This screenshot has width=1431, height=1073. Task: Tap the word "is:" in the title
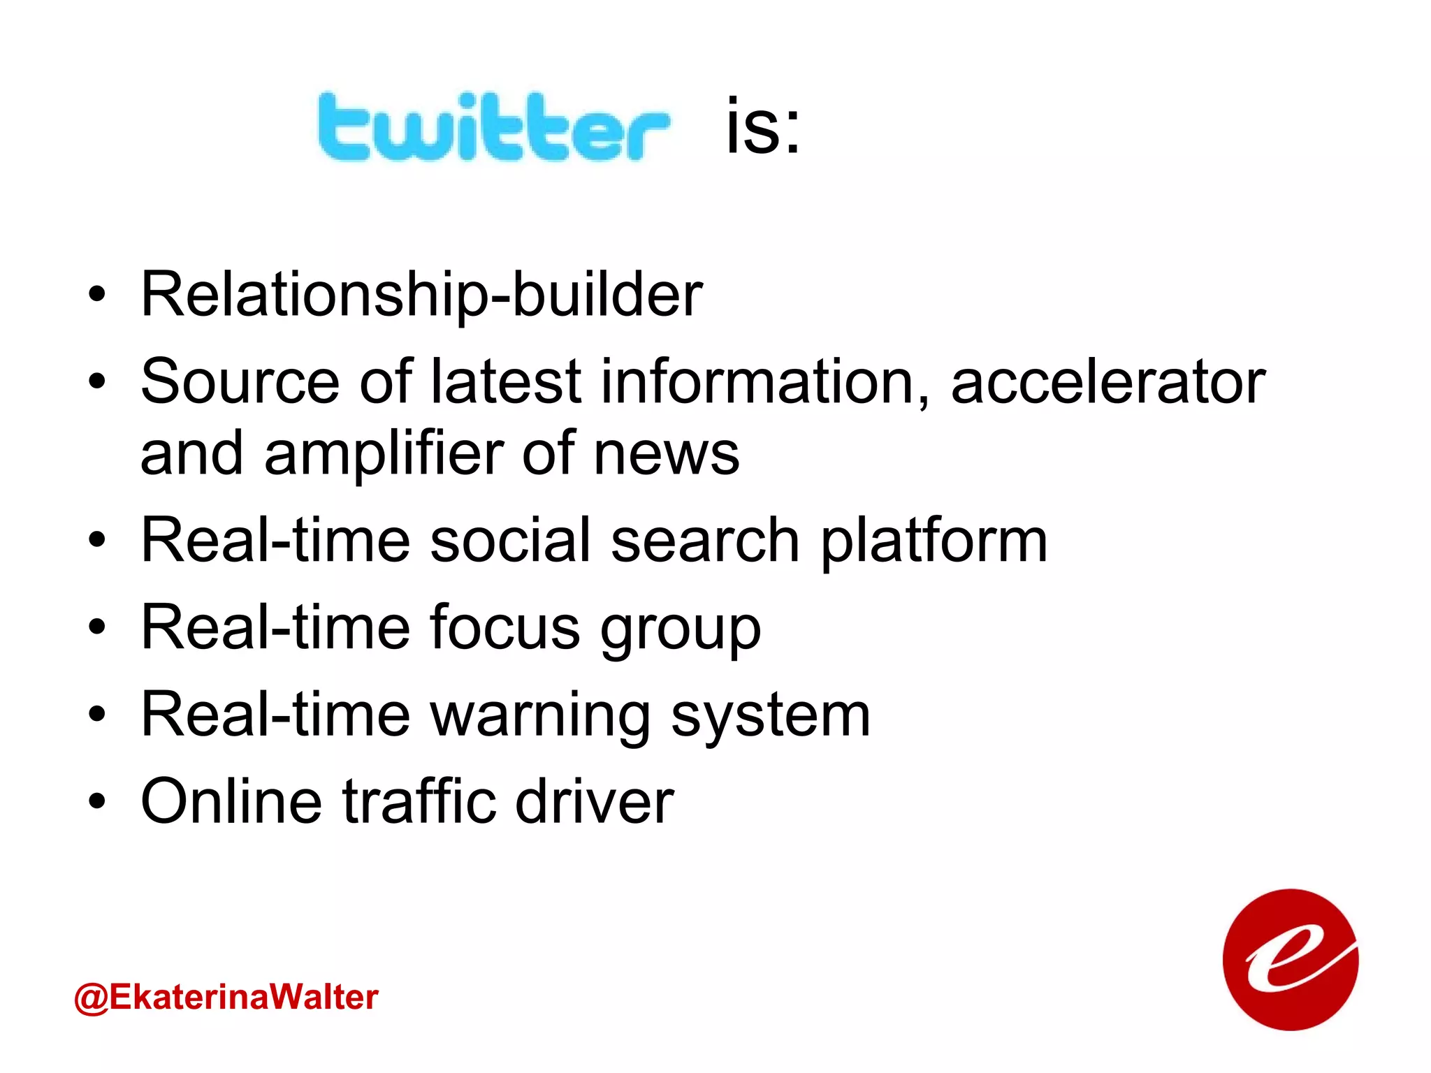pos(763,126)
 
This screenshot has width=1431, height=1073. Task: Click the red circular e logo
pos(1290,959)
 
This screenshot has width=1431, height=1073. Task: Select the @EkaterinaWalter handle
pos(226,997)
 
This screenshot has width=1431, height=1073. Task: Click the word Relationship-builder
pos(421,295)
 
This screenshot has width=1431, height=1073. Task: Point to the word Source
pos(240,382)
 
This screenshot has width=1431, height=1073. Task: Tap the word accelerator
pos(1108,382)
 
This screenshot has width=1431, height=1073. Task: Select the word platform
pos(934,541)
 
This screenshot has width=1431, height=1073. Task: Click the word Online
pos(231,801)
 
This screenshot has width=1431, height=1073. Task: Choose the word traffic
pos(419,801)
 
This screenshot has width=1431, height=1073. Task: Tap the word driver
pos(595,801)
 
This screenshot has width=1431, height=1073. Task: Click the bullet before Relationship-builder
pos(97,295)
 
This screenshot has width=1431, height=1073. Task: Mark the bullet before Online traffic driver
pos(97,802)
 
